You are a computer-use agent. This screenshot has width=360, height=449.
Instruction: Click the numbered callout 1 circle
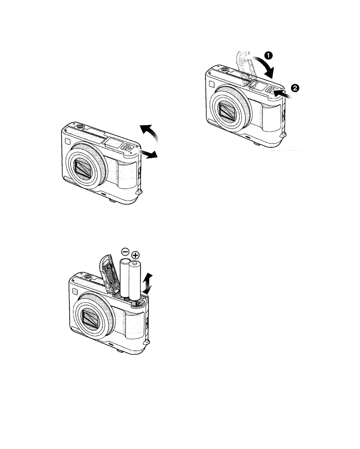tap(268, 55)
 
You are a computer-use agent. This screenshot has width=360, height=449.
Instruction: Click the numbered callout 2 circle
tap(295, 88)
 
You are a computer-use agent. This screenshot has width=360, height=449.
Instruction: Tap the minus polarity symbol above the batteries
tap(125, 252)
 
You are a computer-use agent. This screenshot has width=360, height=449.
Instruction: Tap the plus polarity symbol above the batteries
tap(135, 255)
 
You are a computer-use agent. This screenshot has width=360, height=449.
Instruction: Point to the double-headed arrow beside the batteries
tap(148, 284)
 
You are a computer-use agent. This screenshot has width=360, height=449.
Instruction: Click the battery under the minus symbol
tap(125, 278)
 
